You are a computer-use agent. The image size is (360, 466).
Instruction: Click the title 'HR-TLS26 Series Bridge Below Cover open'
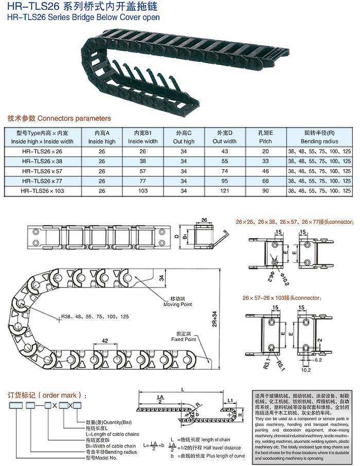click(x=83, y=17)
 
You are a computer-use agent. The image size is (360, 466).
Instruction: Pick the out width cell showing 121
click(x=225, y=190)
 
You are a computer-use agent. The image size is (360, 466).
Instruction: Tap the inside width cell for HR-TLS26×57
click(x=142, y=171)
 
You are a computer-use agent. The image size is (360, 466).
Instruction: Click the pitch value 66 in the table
click(x=265, y=181)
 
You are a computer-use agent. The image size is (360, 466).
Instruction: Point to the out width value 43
click(x=225, y=151)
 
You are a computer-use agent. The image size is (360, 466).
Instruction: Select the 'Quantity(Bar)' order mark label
click(x=108, y=422)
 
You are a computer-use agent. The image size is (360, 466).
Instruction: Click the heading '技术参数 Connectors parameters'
click(x=59, y=118)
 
